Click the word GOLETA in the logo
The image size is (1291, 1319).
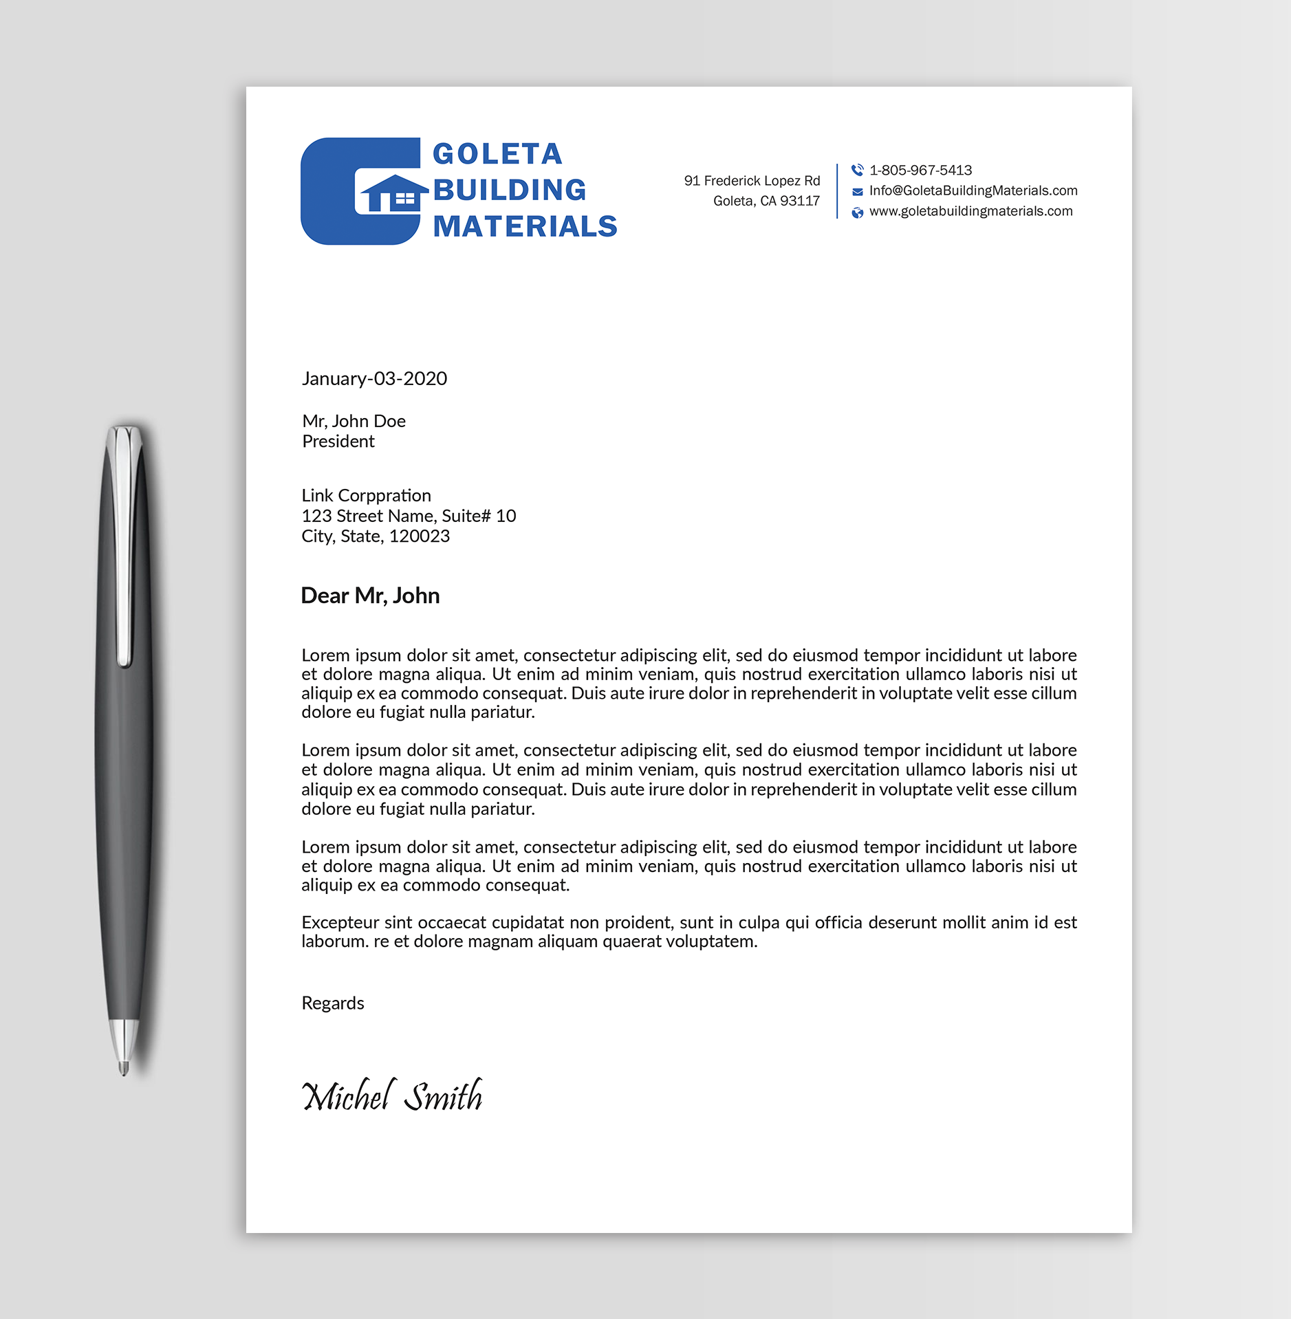click(x=497, y=154)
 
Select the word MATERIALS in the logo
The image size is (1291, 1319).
click(x=525, y=226)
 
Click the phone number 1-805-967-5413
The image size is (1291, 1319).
click(x=920, y=170)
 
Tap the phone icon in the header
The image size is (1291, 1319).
click(x=857, y=170)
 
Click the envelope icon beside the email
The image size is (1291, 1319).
click(x=857, y=192)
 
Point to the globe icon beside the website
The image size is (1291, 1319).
click(x=857, y=212)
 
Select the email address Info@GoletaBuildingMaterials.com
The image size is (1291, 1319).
click(x=973, y=190)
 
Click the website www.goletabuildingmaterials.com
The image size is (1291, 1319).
click(x=970, y=211)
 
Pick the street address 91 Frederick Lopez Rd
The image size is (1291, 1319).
click(x=752, y=181)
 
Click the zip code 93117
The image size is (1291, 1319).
click(x=800, y=201)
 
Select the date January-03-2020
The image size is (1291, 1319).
click(x=374, y=378)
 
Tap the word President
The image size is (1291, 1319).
click(x=338, y=442)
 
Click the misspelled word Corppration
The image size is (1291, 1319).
click(x=394, y=496)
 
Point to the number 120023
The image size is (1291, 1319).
click(x=420, y=536)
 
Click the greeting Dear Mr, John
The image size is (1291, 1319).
click(x=370, y=596)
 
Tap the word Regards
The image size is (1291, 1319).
click(x=333, y=1003)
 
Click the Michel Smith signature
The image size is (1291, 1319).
click(x=392, y=1095)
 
